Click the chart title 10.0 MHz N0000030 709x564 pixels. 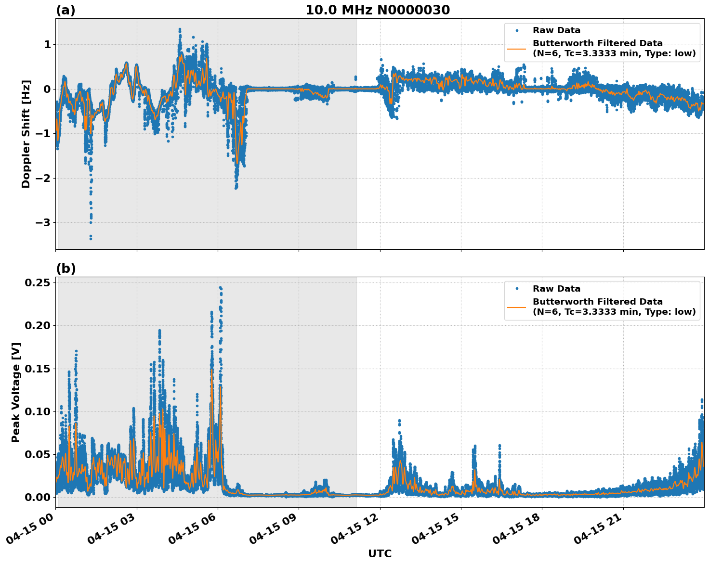point(378,10)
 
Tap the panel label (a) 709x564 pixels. point(66,10)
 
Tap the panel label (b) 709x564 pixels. point(66,269)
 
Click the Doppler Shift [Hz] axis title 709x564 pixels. point(26,134)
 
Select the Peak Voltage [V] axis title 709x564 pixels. point(16,392)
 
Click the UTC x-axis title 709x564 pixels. point(380,553)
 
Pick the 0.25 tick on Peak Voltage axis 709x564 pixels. point(38,282)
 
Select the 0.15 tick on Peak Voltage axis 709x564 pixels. point(38,369)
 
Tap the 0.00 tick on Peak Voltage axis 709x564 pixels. point(38,497)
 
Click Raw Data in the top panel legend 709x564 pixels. point(556,30)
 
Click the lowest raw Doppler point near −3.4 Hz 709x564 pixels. point(91,238)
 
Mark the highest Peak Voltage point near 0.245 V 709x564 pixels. point(220,288)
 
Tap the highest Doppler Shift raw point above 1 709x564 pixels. point(180,29)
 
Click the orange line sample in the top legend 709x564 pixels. point(517,48)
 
